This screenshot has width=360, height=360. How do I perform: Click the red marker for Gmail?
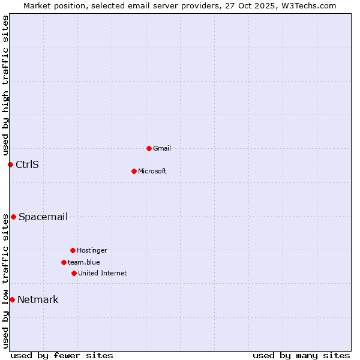click(x=149, y=148)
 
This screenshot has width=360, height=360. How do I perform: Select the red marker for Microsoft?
click(x=134, y=171)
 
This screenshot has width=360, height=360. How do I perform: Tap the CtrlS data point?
click(x=10, y=164)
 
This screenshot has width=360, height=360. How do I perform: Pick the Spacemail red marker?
click(x=13, y=217)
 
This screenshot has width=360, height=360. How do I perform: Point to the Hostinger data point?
click(x=73, y=250)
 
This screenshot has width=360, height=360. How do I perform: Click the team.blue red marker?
click(x=64, y=262)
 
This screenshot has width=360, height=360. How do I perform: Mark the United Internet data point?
click(x=74, y=273)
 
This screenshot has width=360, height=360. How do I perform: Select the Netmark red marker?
click(x=12, y=299)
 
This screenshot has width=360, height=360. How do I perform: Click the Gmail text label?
click(x=162, y=148)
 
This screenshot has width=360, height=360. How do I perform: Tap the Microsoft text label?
click(x=152, y=171)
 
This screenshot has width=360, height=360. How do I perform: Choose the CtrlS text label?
click(x=27, y=164)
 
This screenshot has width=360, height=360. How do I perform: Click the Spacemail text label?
click(x=43, y=217)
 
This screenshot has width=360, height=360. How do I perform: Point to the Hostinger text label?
click(x=92, y=250)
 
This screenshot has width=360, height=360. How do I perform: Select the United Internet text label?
click(x=102, y=273)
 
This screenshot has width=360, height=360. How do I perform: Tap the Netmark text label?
click(x=38, y=299)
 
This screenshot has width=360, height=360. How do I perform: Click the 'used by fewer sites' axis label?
click(x=62, y=355)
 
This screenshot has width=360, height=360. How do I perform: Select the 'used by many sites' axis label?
click(x=301, y=355)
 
